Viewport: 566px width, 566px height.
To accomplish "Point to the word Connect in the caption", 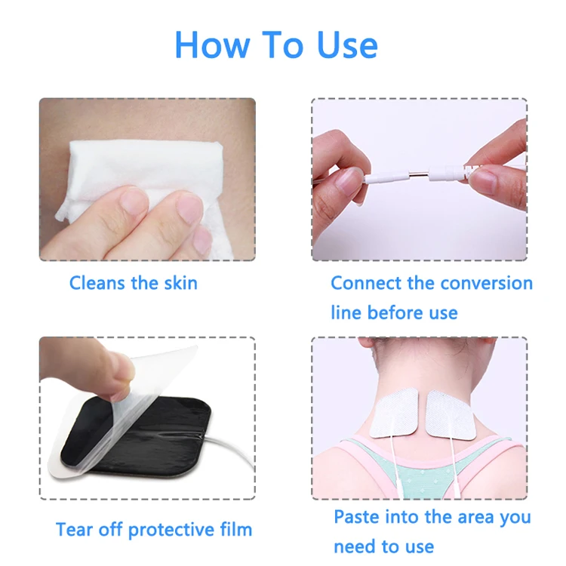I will (361, 284).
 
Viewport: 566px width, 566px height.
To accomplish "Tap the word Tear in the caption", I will (74, 530).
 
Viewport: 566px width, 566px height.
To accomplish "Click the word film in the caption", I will (235, 529).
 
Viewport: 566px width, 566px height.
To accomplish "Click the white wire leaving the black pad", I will (234, 453).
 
